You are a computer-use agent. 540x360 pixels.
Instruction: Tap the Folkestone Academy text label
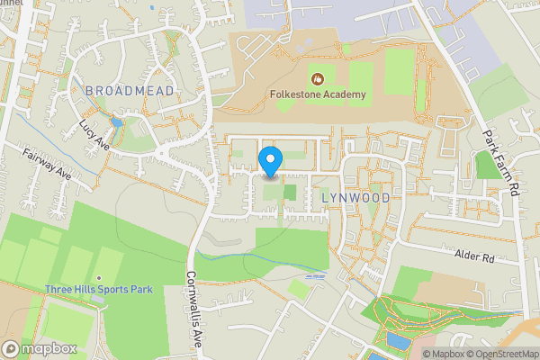pyautogui.click(x=317, y=94)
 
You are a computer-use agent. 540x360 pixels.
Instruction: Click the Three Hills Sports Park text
pyautogui.click(x=99, y=290)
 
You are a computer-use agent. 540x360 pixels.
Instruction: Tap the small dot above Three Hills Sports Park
pyautogui.click(x=99, y=278)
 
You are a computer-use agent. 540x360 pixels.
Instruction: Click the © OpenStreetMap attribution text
pyautogui.click(x=494, y=353)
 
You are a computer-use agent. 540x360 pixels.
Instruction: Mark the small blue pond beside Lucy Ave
pyautogui.click(x=115, y=122)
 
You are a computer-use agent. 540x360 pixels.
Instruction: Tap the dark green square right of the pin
pyautogui.click(x=290, y=191)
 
